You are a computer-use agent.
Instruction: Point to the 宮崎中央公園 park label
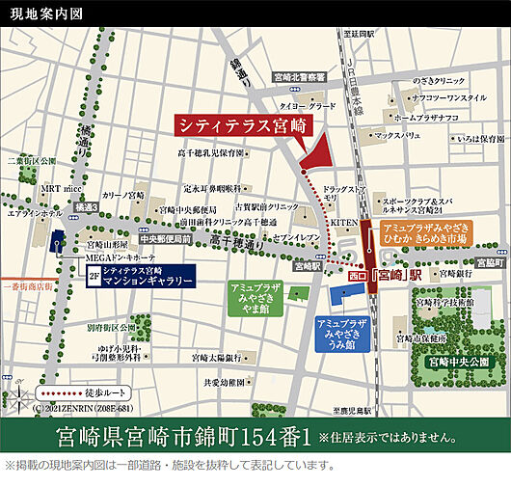click(458, 363)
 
